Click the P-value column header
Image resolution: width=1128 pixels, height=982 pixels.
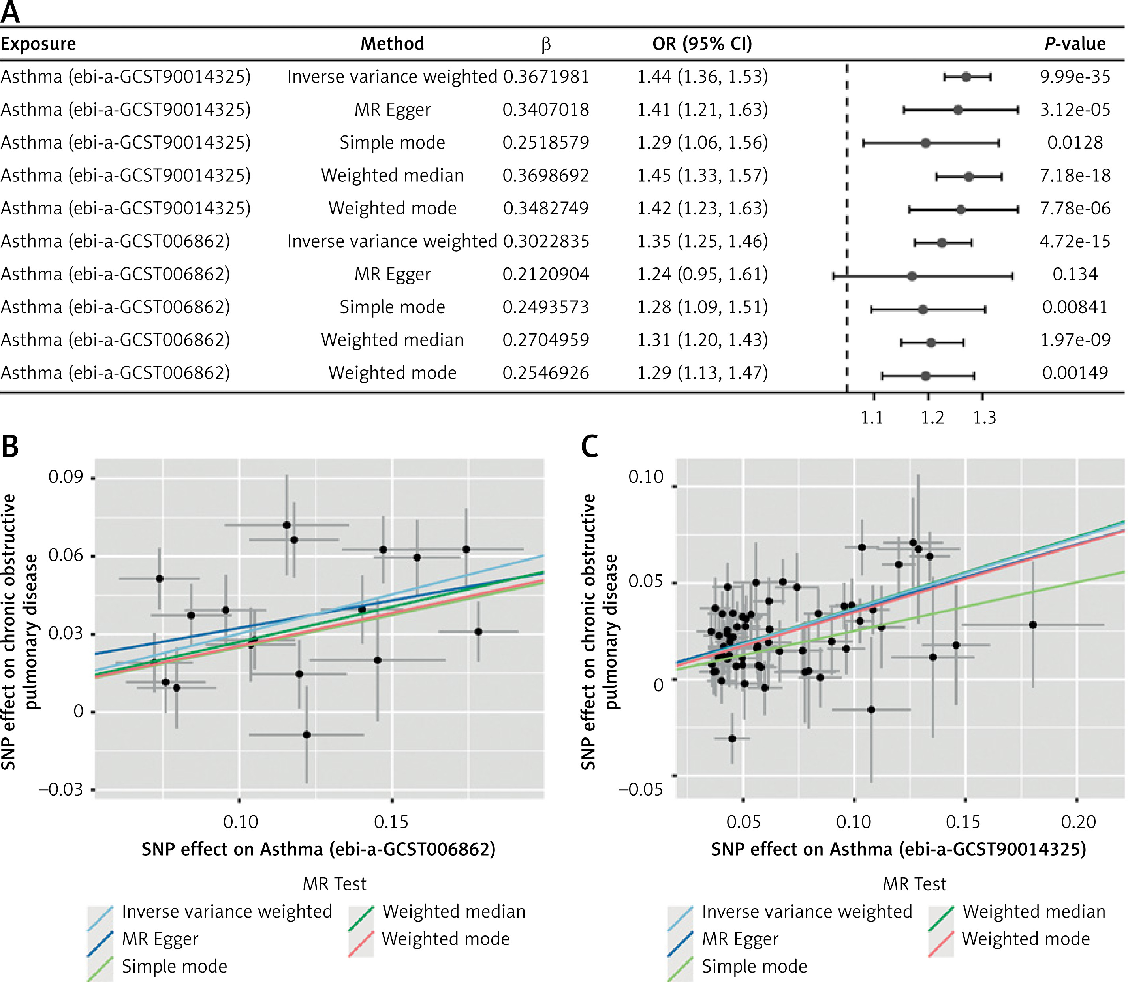coord(1074,44)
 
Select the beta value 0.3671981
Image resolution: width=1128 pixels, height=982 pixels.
coord(546,77)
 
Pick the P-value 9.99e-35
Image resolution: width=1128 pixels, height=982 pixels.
coord(1075,77)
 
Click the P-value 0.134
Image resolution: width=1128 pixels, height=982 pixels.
coord(1075,274)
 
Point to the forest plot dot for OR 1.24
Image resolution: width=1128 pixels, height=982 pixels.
coord(912,276)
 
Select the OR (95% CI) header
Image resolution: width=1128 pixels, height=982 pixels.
coord(702,44)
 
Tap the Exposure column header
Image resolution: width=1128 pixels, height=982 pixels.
coord(38,44)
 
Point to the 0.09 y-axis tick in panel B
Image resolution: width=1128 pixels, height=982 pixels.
coord(66,477)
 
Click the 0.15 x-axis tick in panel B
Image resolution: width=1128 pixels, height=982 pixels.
coord(391,822)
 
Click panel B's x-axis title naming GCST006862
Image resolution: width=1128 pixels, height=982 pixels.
coord(318,849)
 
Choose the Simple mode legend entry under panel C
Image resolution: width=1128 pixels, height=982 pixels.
coord(754,967)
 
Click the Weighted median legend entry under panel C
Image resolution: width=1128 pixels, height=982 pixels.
coord(1034,912)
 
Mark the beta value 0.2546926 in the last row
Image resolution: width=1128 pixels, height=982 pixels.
coord(546,373)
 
